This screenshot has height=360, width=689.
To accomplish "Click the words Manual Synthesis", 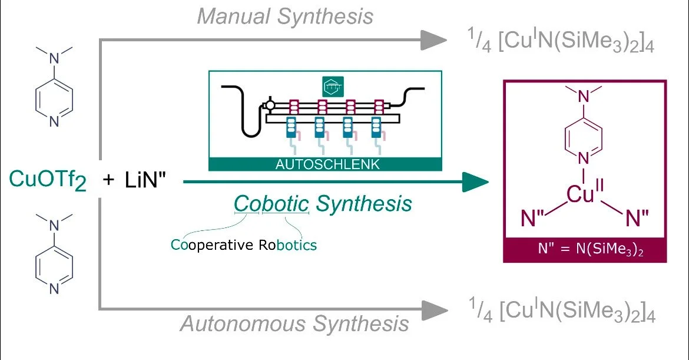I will (x=285, y=16).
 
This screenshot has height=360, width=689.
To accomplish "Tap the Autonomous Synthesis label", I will (x=294, y=323).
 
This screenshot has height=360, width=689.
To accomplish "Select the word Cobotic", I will (x=271, y=204).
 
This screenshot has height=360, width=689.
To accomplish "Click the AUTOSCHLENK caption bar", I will (x=324, y=164).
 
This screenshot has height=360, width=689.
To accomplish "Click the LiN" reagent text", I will (x=147, y=180).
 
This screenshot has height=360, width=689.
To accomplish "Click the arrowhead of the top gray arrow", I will (x=434, y=40).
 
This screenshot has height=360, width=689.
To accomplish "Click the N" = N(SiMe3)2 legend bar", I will (x=585, y=250).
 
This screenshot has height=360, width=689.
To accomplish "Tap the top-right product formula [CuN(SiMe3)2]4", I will (x=559, y=42).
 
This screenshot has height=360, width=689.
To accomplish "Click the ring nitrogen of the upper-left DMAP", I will (x=54, y=122).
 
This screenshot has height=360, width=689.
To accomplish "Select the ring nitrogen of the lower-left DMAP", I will (x=54, y=289).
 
